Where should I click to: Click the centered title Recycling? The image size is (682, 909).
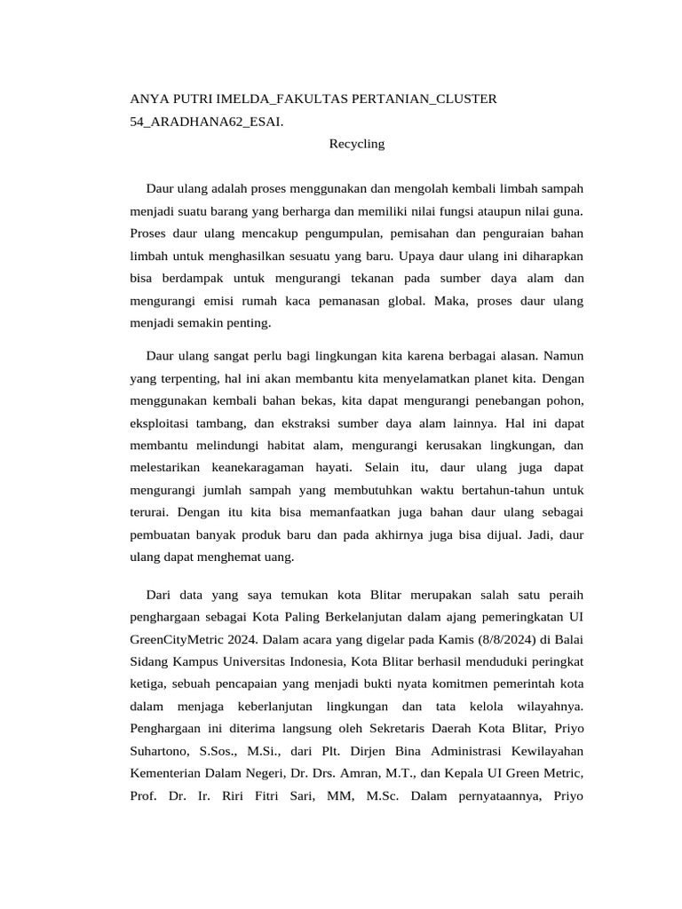tap(357, 143)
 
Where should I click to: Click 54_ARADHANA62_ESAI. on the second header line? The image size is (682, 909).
tap(207, 120)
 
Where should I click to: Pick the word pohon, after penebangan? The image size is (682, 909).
tap(564, 400)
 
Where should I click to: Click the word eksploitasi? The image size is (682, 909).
tap(164, 423)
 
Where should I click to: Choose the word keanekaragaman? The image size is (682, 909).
tap(258, 467)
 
